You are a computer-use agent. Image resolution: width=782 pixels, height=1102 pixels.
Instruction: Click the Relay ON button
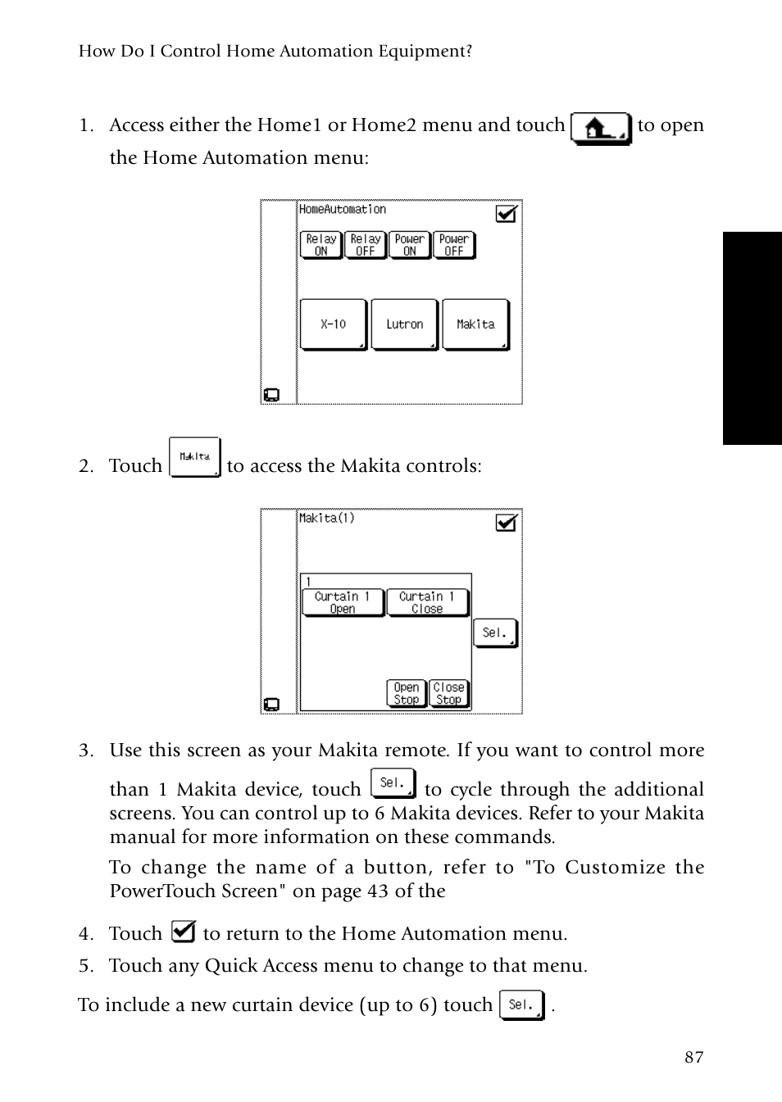click(321, 245)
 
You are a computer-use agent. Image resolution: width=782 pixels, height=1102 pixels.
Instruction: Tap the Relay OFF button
click(366, 245)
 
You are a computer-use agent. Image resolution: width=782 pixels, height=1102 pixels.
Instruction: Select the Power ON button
click(410, 245)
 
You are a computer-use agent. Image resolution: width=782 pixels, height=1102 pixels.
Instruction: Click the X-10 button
click(333, 324)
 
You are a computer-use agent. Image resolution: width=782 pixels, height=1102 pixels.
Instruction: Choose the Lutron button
click(404, 324)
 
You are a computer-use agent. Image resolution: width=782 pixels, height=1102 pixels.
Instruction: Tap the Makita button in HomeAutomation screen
click(475, 324)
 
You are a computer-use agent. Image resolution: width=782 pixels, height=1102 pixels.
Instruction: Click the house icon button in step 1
click(601, 129)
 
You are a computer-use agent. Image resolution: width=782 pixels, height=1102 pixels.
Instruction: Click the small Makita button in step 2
click(195, 457)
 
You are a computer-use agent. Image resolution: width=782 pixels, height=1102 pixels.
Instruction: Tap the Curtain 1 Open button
click(343, 602)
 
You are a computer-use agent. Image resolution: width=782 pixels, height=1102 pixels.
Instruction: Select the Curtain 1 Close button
click(427, 602)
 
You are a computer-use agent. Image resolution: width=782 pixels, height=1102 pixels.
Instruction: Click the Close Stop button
click(448, 693)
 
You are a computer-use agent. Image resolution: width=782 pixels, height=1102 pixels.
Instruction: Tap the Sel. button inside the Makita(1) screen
click(495, 633)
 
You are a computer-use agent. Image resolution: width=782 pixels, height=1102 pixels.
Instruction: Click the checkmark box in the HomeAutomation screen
click(507, 213)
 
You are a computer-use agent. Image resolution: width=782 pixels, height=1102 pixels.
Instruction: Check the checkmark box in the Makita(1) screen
click(507, 522)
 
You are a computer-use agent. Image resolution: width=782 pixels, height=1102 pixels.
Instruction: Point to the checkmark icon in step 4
click(183, 932)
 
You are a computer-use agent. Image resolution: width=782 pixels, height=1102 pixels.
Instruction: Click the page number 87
click(693, 1057)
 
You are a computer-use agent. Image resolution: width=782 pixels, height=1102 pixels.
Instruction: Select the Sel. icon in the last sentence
click(522, 1005)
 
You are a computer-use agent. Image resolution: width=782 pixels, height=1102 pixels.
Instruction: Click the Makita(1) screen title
click(326, 518)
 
